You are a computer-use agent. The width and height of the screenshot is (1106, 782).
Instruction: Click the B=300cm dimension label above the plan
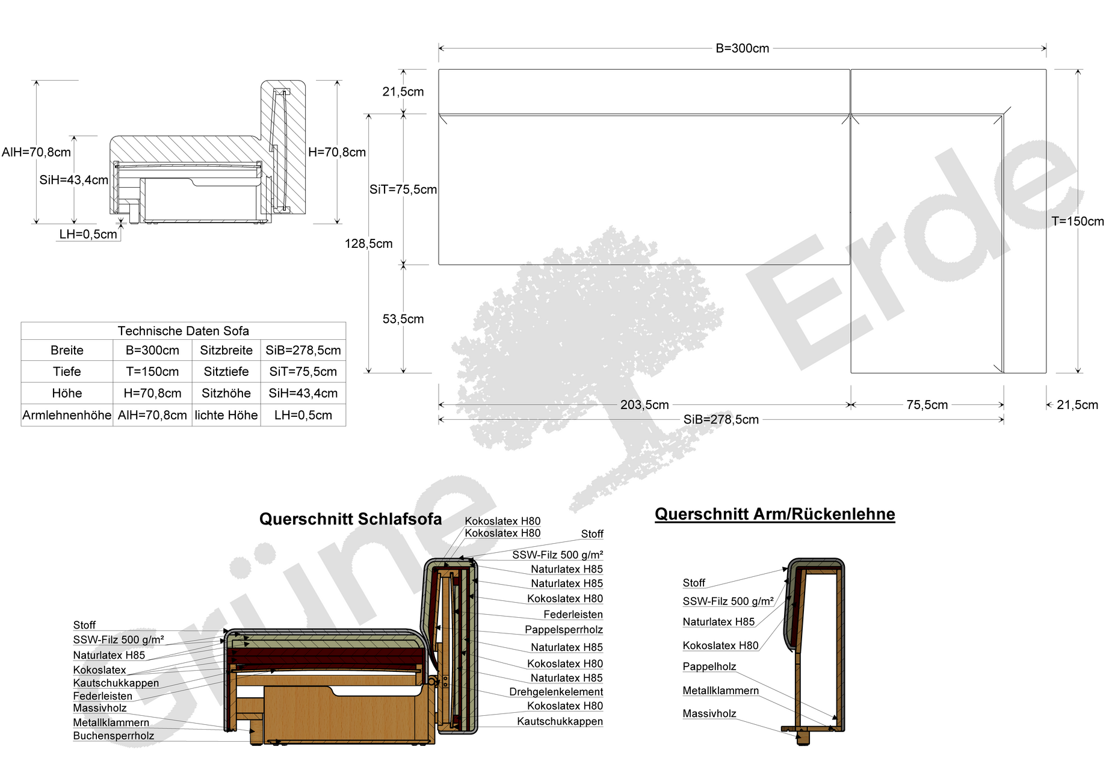(x=742, y=49)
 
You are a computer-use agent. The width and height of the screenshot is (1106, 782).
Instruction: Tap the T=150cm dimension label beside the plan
(x=1078, y=221)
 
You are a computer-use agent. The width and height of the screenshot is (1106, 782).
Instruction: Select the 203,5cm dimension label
(x=644, y=405)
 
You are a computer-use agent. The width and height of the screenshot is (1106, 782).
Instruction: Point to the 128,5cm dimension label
(x=368, y=244)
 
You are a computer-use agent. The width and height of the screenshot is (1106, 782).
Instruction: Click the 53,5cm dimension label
(x=403, y=319)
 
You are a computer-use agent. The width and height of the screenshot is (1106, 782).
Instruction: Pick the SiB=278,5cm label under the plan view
(x=721, y=420)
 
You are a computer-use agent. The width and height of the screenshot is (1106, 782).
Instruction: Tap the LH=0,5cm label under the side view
(x=88, y=235)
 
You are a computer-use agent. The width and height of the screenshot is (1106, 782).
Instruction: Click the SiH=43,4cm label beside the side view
(x=73, y=180)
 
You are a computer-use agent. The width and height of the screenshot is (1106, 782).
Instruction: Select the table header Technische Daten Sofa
(x=183, y=331)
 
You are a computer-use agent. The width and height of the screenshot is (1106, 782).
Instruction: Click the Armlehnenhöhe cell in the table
(x=67, y=415)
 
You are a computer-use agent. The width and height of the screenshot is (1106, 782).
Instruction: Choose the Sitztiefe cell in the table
(x=226, y=372)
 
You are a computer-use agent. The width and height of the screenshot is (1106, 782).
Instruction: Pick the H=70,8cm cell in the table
(x=152, y=393)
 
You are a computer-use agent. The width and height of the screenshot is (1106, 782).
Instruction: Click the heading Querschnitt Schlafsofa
(x=350, y=519)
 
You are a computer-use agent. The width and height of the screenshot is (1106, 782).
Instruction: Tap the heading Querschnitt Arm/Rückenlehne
(x=775, y=514)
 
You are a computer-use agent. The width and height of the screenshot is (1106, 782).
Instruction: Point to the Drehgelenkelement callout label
(x=556, y=692)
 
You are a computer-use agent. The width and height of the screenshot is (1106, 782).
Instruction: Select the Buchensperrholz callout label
(x=114, y=736)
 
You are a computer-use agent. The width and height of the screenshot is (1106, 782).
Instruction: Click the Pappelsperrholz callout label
(x=564, y=630)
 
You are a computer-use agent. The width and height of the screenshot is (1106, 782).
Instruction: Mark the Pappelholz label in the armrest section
(x=709, y=667)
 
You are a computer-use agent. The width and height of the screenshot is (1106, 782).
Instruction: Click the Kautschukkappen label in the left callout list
(x=116, y=683)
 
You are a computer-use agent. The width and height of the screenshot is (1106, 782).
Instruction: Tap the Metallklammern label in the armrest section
(x=721, y=691)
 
